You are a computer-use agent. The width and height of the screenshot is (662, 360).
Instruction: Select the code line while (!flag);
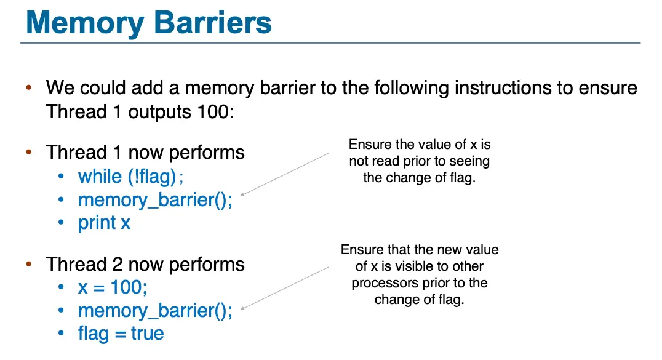(x=130, y=177)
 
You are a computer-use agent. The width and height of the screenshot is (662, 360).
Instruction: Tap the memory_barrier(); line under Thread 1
(x=155, y=200)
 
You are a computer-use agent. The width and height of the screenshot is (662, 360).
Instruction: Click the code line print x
(x=104, y=223)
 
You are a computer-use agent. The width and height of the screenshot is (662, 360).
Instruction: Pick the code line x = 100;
(x=113, y=287)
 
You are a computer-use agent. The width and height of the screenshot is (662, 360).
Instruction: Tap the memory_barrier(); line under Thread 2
(x=155, y=311)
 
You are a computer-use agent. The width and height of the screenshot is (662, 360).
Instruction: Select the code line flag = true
(x=121, y=334)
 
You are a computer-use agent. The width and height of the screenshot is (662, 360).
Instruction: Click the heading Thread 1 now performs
(x=145, y=153)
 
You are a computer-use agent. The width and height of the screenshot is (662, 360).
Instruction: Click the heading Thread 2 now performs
(x=145, y=265)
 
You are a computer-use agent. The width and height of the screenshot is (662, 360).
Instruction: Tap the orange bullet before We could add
(x=28, y=88)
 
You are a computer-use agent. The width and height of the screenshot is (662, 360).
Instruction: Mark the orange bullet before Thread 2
(x=28, y=265)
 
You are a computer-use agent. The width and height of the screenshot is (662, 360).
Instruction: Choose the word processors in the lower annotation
(x=382, y=284)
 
